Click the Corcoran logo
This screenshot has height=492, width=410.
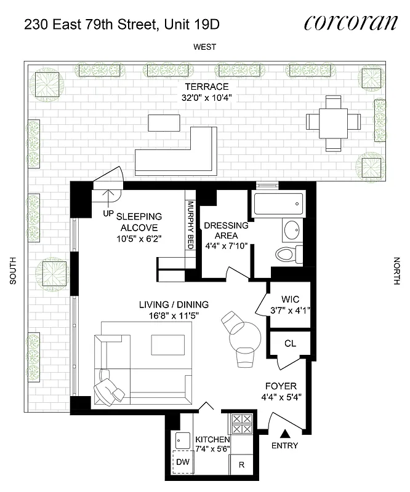(351, 23)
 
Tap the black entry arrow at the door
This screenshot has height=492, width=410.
(284, 434)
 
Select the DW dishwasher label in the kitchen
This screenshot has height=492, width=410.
(182, 461)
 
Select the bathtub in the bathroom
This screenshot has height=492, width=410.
(278, 202)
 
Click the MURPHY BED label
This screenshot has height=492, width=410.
(191, 225)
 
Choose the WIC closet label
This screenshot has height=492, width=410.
(290, 300)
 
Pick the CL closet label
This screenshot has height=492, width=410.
(289, 344)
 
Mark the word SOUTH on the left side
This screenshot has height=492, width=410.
(12, 271)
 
